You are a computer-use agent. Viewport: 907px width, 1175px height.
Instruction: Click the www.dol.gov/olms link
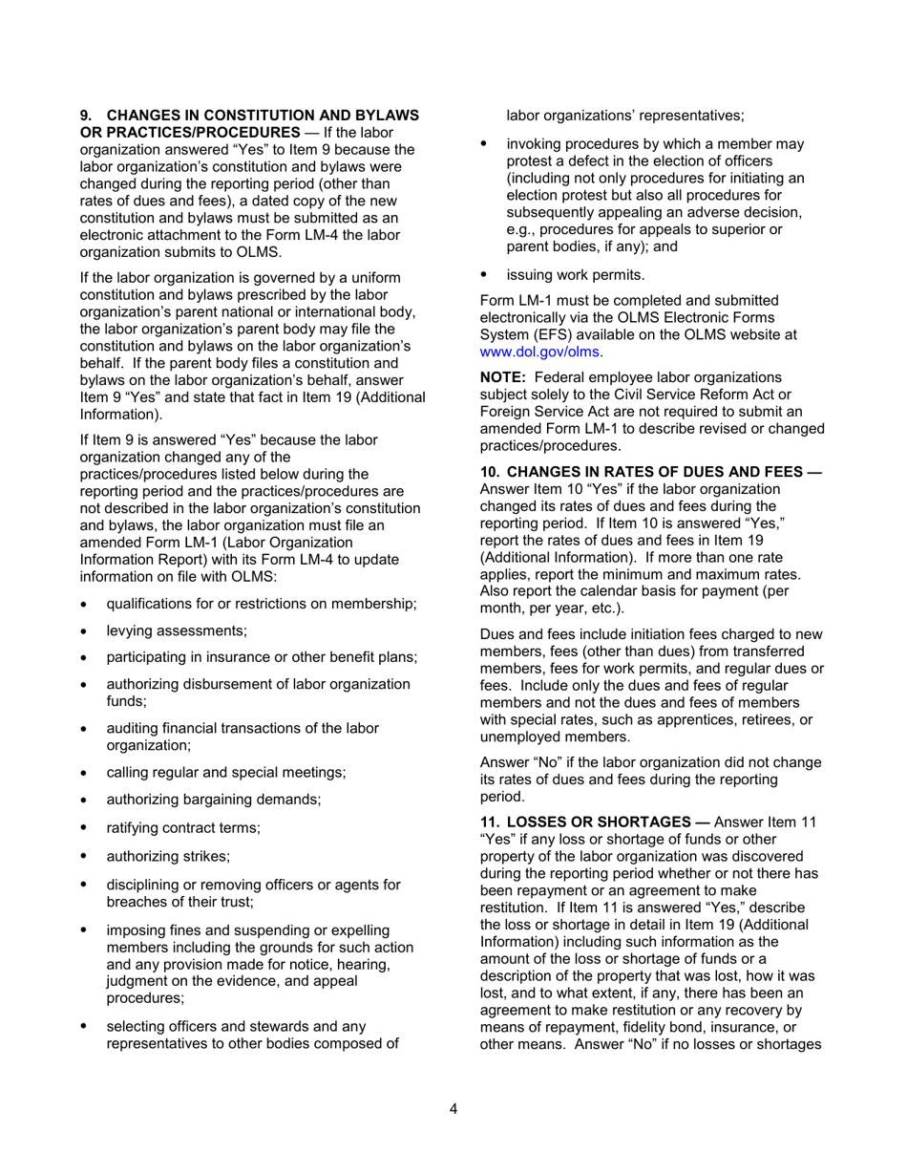(539, 351)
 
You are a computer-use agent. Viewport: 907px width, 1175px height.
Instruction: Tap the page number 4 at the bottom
(453, 1108)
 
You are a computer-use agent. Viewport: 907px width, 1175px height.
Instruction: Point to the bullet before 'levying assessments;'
(87, 631)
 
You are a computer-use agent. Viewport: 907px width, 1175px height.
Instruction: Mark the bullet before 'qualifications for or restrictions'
(87, 605)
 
